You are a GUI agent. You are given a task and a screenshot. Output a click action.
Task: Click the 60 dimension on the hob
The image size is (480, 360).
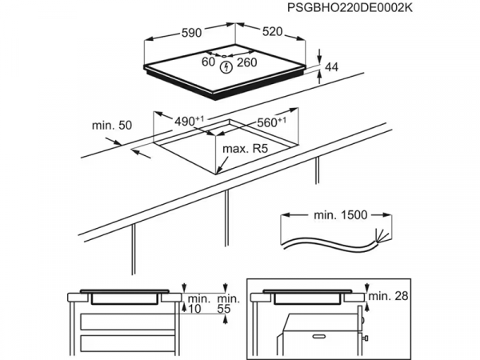point(208,62)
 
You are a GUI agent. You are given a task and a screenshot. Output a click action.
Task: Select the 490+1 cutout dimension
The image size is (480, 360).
point(190,122)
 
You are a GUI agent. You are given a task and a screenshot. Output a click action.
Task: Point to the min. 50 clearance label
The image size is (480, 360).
point(110,126)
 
